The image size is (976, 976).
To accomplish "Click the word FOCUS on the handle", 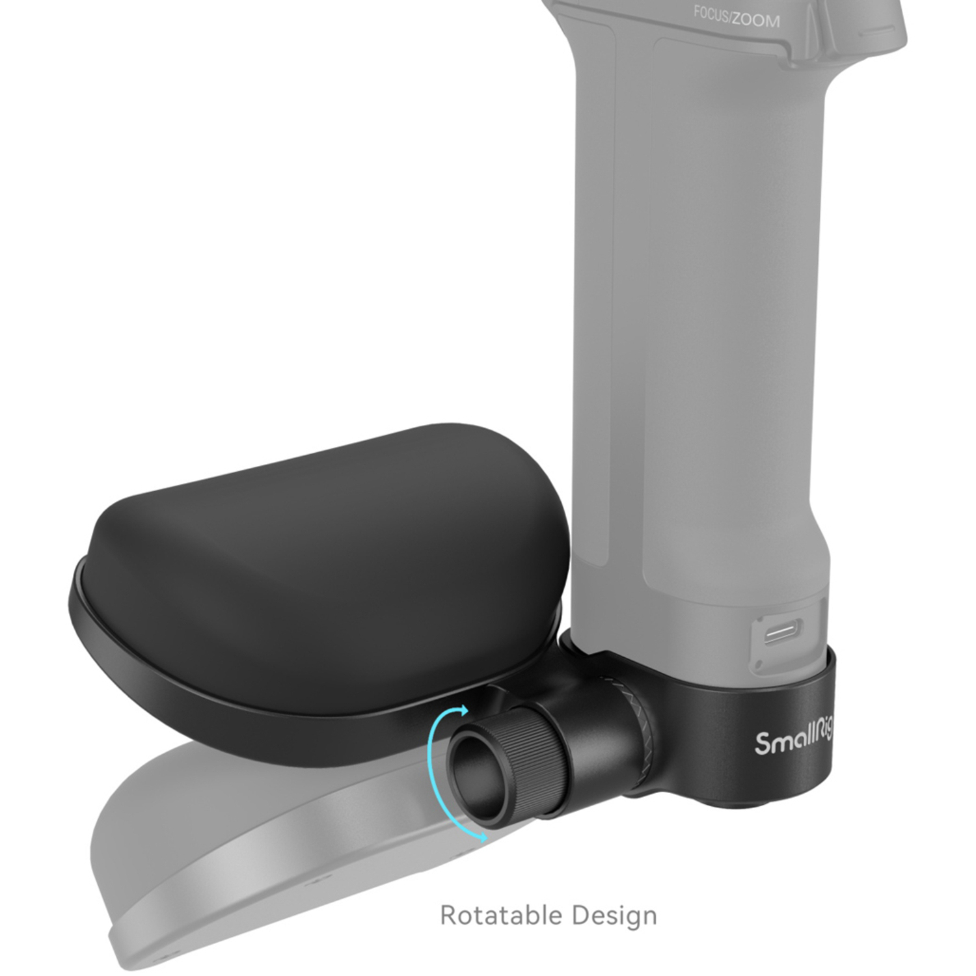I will pos(711,15).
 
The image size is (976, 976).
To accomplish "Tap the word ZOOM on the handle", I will pos(755,20).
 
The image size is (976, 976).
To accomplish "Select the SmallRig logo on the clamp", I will pos(793,740).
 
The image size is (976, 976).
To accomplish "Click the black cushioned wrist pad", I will pos(325,553).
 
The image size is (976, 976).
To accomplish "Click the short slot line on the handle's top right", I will pos(881,31).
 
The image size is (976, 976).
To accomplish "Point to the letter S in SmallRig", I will pos(763,742).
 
